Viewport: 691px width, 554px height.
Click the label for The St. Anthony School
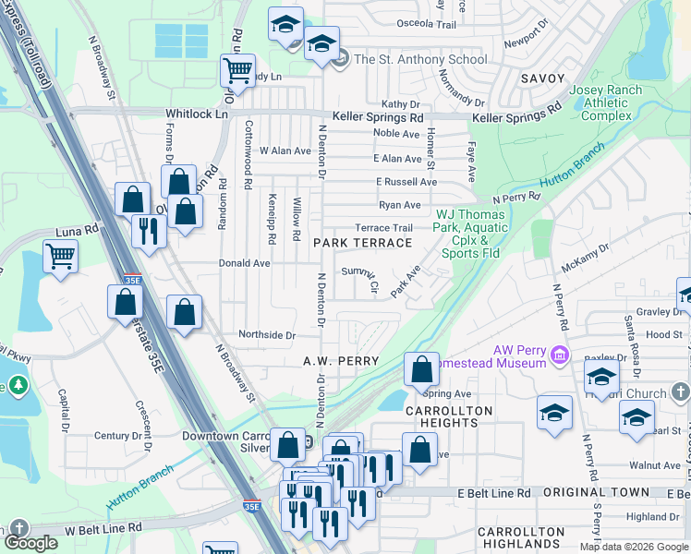[419, 59]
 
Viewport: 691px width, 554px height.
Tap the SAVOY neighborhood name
[542, 79]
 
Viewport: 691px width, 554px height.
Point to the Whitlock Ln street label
[196, 114]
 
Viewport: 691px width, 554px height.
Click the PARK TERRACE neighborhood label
[362, 243]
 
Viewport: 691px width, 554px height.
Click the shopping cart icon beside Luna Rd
[60, 256]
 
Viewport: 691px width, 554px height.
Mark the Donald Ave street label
[244, 263]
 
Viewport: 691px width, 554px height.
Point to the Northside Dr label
[266, 336]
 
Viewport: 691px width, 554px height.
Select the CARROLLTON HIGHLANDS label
[521, 539]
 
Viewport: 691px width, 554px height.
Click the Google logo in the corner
[30, 543]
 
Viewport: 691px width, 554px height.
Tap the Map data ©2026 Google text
[633, 547]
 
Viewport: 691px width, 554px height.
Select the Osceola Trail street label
[428, 25]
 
